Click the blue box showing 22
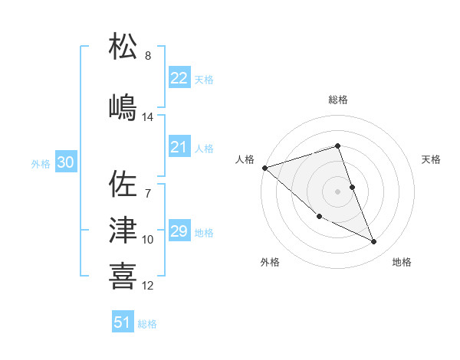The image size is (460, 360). tap(179, 78)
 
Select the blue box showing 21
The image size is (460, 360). tap(179, 148)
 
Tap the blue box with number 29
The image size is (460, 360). tap(179, 232)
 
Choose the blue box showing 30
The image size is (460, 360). tap(65, 163)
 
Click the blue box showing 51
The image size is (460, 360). tap(122, 323)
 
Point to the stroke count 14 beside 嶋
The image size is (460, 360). tap(148, 117)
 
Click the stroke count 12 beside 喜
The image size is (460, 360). tap(148, 286)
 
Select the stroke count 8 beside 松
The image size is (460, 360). tap(148, 56)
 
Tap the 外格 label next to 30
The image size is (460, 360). tap(41, 164)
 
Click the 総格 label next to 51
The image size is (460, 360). tap(147, 324)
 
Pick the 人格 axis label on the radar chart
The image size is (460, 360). tap(245, 159)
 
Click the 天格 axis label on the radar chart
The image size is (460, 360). tap(431, 159)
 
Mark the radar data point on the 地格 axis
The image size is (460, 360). tap(374, 242)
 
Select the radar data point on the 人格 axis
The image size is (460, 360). tap(264, 167)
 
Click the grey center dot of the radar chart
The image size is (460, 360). tap(337, 191)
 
